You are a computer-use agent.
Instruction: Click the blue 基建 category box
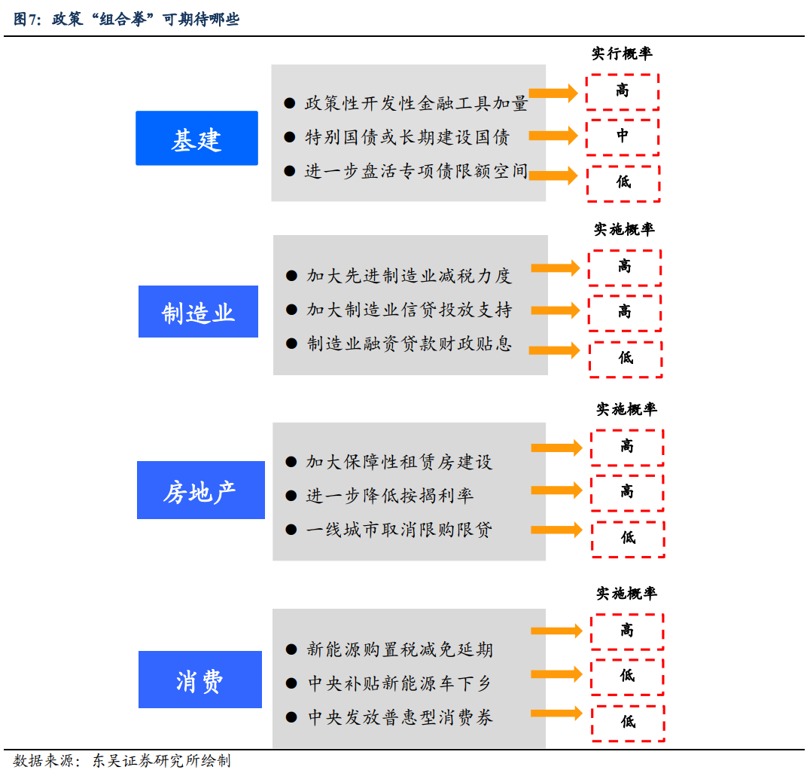196,139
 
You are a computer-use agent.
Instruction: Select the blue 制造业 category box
198,312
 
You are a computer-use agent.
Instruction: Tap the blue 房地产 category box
200,490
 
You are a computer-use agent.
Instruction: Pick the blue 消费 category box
199,680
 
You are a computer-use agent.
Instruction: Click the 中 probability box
623,136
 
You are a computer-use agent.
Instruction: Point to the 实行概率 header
622,53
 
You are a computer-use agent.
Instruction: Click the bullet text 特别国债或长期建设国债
407,137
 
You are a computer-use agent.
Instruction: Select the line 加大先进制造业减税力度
409,276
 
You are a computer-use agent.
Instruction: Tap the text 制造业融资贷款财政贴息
409,344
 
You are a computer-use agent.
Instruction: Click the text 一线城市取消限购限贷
399,530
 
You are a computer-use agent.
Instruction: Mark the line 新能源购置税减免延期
400,649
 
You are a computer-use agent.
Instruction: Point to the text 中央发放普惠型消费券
400,717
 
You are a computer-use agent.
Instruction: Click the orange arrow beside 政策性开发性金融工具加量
553,93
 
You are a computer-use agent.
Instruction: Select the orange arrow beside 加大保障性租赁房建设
556,448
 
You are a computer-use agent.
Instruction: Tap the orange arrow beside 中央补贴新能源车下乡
556,674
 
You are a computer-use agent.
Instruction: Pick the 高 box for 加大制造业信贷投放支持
625,312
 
